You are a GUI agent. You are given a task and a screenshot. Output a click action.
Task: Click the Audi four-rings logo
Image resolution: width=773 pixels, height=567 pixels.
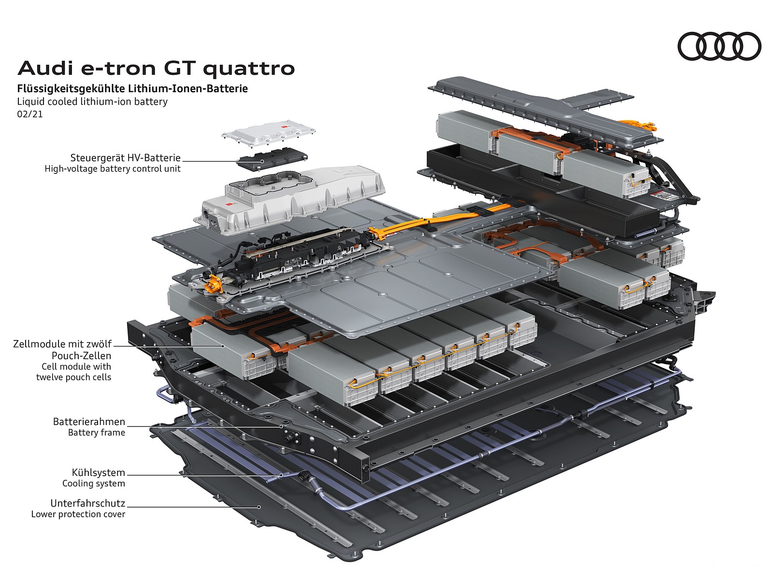[719, 46]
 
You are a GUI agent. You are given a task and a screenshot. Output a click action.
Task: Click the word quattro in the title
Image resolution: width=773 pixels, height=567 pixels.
[249, 69]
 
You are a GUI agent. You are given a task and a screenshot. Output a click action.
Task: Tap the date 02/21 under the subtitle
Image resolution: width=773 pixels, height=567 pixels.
[30, 114]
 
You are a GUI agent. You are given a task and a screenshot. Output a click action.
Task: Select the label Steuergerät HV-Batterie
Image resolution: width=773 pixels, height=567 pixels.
[126, 158]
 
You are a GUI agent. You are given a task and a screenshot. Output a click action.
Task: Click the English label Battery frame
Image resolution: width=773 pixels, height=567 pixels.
[97, 433]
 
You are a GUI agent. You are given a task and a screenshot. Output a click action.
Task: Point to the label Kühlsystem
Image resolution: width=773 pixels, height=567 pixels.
[99, 473]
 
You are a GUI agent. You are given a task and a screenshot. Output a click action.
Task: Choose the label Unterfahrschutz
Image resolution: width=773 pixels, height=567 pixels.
[88, 503]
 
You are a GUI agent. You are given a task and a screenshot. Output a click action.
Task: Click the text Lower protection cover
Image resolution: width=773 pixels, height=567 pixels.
[78, 514]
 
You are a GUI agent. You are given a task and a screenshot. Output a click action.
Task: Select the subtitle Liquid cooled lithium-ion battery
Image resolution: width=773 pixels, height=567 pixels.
[92, 101]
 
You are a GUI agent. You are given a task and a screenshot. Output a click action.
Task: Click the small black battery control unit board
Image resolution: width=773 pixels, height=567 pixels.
[273, 158]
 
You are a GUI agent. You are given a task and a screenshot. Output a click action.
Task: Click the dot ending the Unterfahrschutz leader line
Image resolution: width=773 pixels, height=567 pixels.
[259, 507]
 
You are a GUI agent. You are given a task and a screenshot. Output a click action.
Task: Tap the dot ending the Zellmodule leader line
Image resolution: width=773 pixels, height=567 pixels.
[223, 346]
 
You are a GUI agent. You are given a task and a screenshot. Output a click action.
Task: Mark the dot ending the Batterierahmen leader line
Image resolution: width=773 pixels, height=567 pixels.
[281, 427]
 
